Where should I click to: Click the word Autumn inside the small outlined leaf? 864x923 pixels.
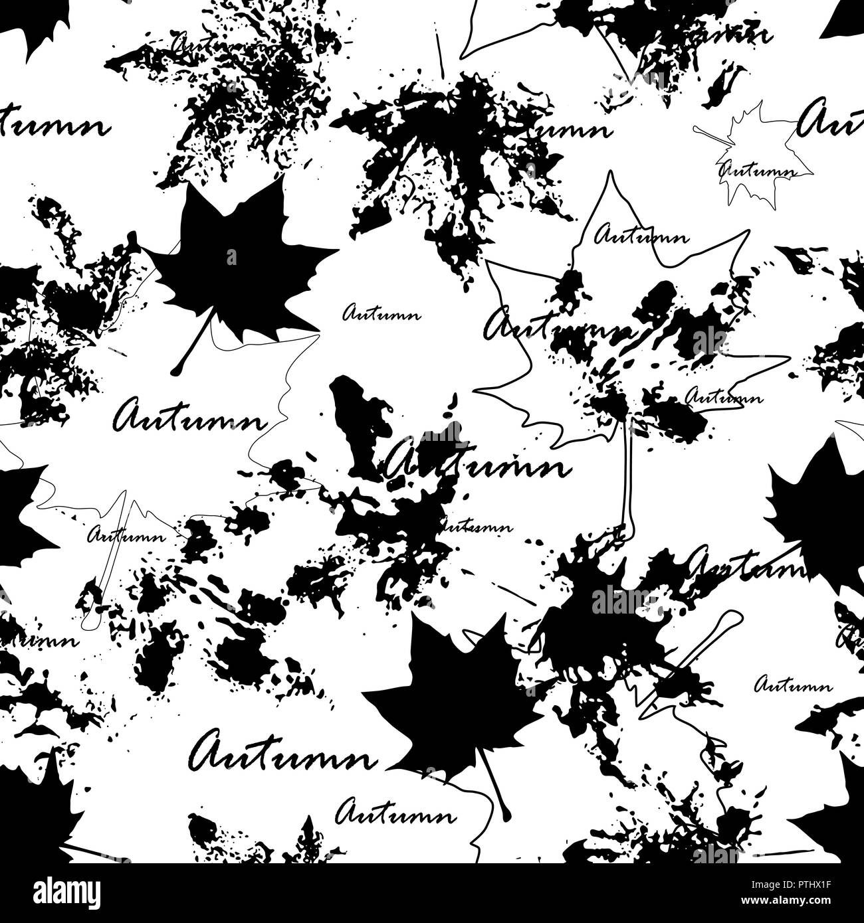pyautogui.click(x=758, y=169)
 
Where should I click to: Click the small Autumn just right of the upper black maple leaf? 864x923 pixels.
pyautogui.click(x=381, y=313)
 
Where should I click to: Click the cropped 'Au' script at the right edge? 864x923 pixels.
pyautogui.click(x=831, y=120)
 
